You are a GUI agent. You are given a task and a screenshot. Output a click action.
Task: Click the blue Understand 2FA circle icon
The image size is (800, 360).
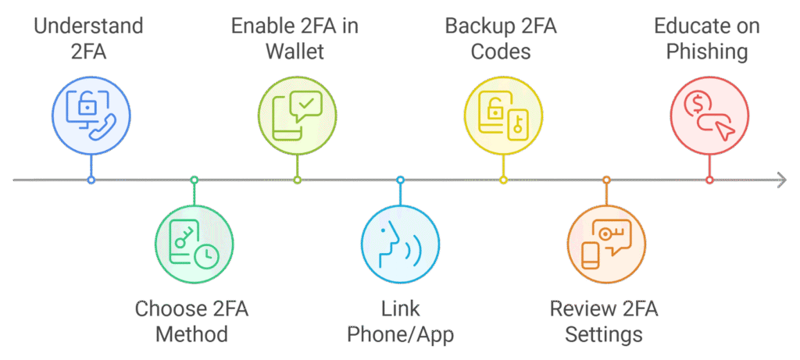pos(91,116)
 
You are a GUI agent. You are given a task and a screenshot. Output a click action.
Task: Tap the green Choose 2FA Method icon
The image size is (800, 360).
pos(194,244)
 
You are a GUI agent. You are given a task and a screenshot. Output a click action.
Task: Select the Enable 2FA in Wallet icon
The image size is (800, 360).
pos(297,116)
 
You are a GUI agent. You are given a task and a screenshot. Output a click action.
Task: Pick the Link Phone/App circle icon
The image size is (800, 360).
pos(400,244)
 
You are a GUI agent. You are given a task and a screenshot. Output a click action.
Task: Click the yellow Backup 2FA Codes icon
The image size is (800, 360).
pos(503,116)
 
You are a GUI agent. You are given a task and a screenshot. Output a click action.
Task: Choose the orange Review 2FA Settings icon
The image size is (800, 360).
pos(606,244)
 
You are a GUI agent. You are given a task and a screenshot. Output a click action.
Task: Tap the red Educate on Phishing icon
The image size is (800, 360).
pos(709,116)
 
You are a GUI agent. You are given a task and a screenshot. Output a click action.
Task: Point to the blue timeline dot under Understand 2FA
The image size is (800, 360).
pos(91,180)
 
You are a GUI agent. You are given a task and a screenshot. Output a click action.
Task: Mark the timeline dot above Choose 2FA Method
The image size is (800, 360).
pos(195,180)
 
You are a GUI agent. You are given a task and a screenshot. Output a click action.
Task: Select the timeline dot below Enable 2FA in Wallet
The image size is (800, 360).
pos(297,180)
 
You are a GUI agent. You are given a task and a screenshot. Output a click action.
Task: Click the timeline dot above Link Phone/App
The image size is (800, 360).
pos(400,180)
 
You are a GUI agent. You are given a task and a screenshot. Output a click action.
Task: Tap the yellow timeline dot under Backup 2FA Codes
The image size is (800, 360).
pos(503,180)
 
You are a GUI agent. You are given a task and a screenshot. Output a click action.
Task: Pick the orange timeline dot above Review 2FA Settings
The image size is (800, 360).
pos(606,180)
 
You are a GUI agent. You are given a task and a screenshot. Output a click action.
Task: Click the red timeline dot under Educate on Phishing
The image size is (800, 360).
pos(709,180)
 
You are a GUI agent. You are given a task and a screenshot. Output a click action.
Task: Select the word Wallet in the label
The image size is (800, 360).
pos(295,53)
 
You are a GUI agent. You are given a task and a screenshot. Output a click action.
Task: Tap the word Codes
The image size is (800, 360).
pos(500,53)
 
